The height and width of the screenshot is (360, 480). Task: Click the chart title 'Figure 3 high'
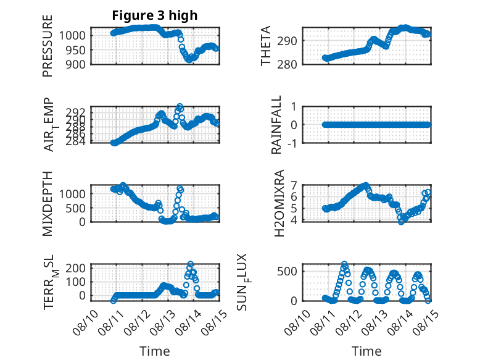pyautogui.click(x=155, y=15)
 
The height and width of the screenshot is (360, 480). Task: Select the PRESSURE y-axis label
pyautogui.click(x=48, y=46)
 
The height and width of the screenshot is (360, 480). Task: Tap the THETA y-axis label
pyautogui.click(x=266, y=46)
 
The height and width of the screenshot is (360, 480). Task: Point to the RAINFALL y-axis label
pyautogui.click(x=276, y=124)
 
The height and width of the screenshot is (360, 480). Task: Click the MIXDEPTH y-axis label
pyautogui.click(x=48, y=203)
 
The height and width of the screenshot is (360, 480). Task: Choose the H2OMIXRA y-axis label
pyautogui.click(x=279, y=203)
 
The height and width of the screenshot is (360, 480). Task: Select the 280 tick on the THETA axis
pyautogui.click(x=287, y=64)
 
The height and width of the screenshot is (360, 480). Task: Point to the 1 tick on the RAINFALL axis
pyautogui.click(x=294, y=107)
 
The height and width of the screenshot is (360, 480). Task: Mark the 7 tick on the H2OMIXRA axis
pyautogui.click(x=294, y=185)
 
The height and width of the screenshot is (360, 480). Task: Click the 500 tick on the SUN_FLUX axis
pyautogui.click(x=287, y=271)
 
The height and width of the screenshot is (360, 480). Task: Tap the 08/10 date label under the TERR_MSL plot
pyautogui.click(x=85, y=322)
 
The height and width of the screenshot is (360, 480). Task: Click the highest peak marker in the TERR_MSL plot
pyautogui.click(x=191, y=264)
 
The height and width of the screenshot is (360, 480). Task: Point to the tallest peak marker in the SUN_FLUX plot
pyautogui.click(x=344, y=264)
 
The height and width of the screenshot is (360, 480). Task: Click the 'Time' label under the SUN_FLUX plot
pyautogui.click(x=366, y=351)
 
